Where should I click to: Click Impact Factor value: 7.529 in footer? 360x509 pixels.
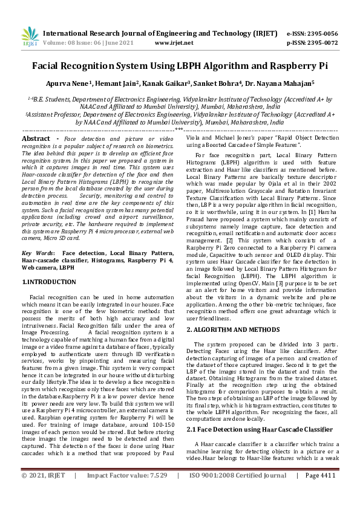click(127, 493)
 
